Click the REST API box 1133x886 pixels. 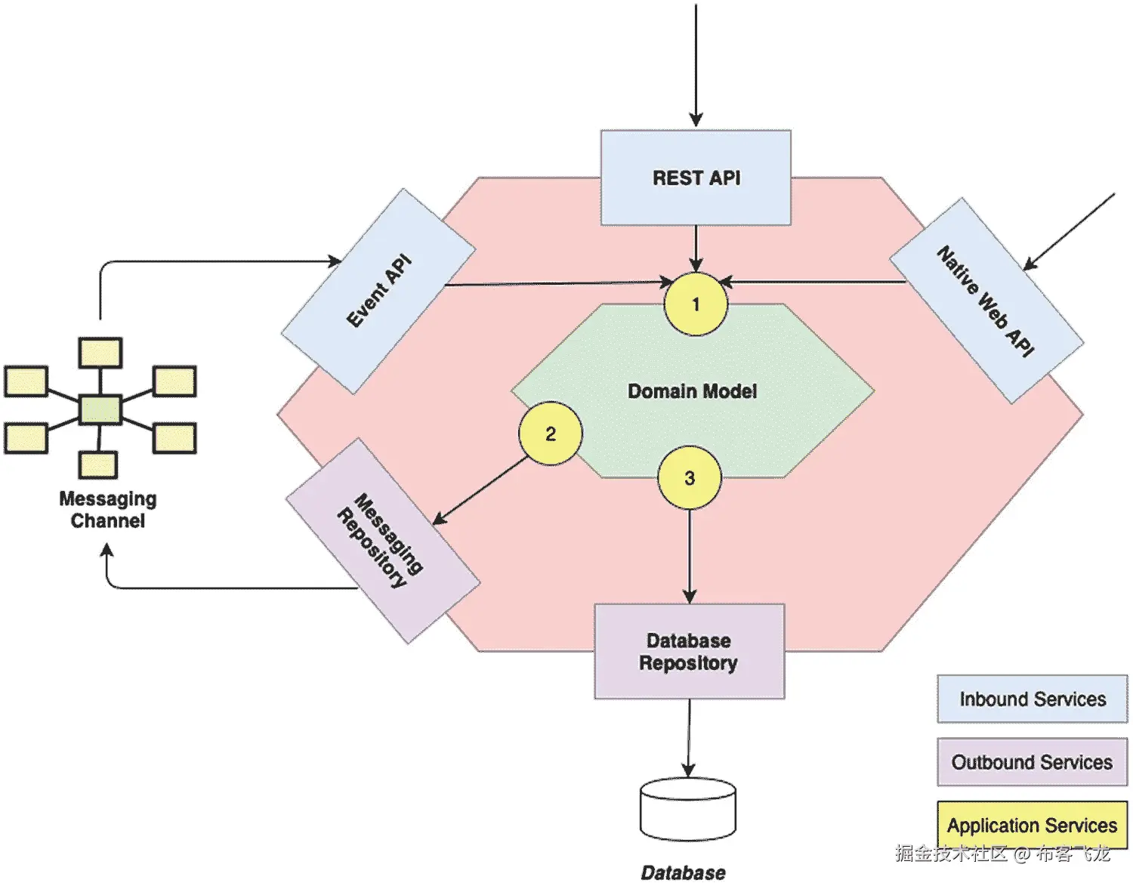click(x=696, y=178)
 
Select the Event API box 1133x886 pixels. click(x=378, y=292)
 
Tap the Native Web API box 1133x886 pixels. click(x=986, y=301)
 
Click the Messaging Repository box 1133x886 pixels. click(x=383, y=541)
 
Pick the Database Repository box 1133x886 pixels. click(x=690, y=651)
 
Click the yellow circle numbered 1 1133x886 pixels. click(x=696, y=304)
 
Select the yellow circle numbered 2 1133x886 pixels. click(x=550, y=433)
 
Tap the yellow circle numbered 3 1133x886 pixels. click(x=690, y=477)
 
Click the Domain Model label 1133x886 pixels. click(x=692, y=391)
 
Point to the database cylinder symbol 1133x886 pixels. click(x=688, y=809)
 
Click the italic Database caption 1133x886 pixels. click(x=683, y=872)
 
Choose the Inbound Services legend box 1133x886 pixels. click(x=1033, y=699)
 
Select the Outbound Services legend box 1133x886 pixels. click(x=1033, y=762)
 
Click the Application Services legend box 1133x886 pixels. click(x=1033, y=825)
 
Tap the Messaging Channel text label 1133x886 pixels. click(x=108, y=510)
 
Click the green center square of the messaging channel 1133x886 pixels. click(x=100, y=409)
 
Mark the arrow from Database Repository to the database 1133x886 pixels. click(x=689, y=738)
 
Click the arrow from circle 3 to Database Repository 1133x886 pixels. click(x=690, y=557)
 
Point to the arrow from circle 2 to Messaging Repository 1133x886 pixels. click(x=480, y=490)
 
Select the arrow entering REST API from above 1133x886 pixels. click(x=696, y=65)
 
